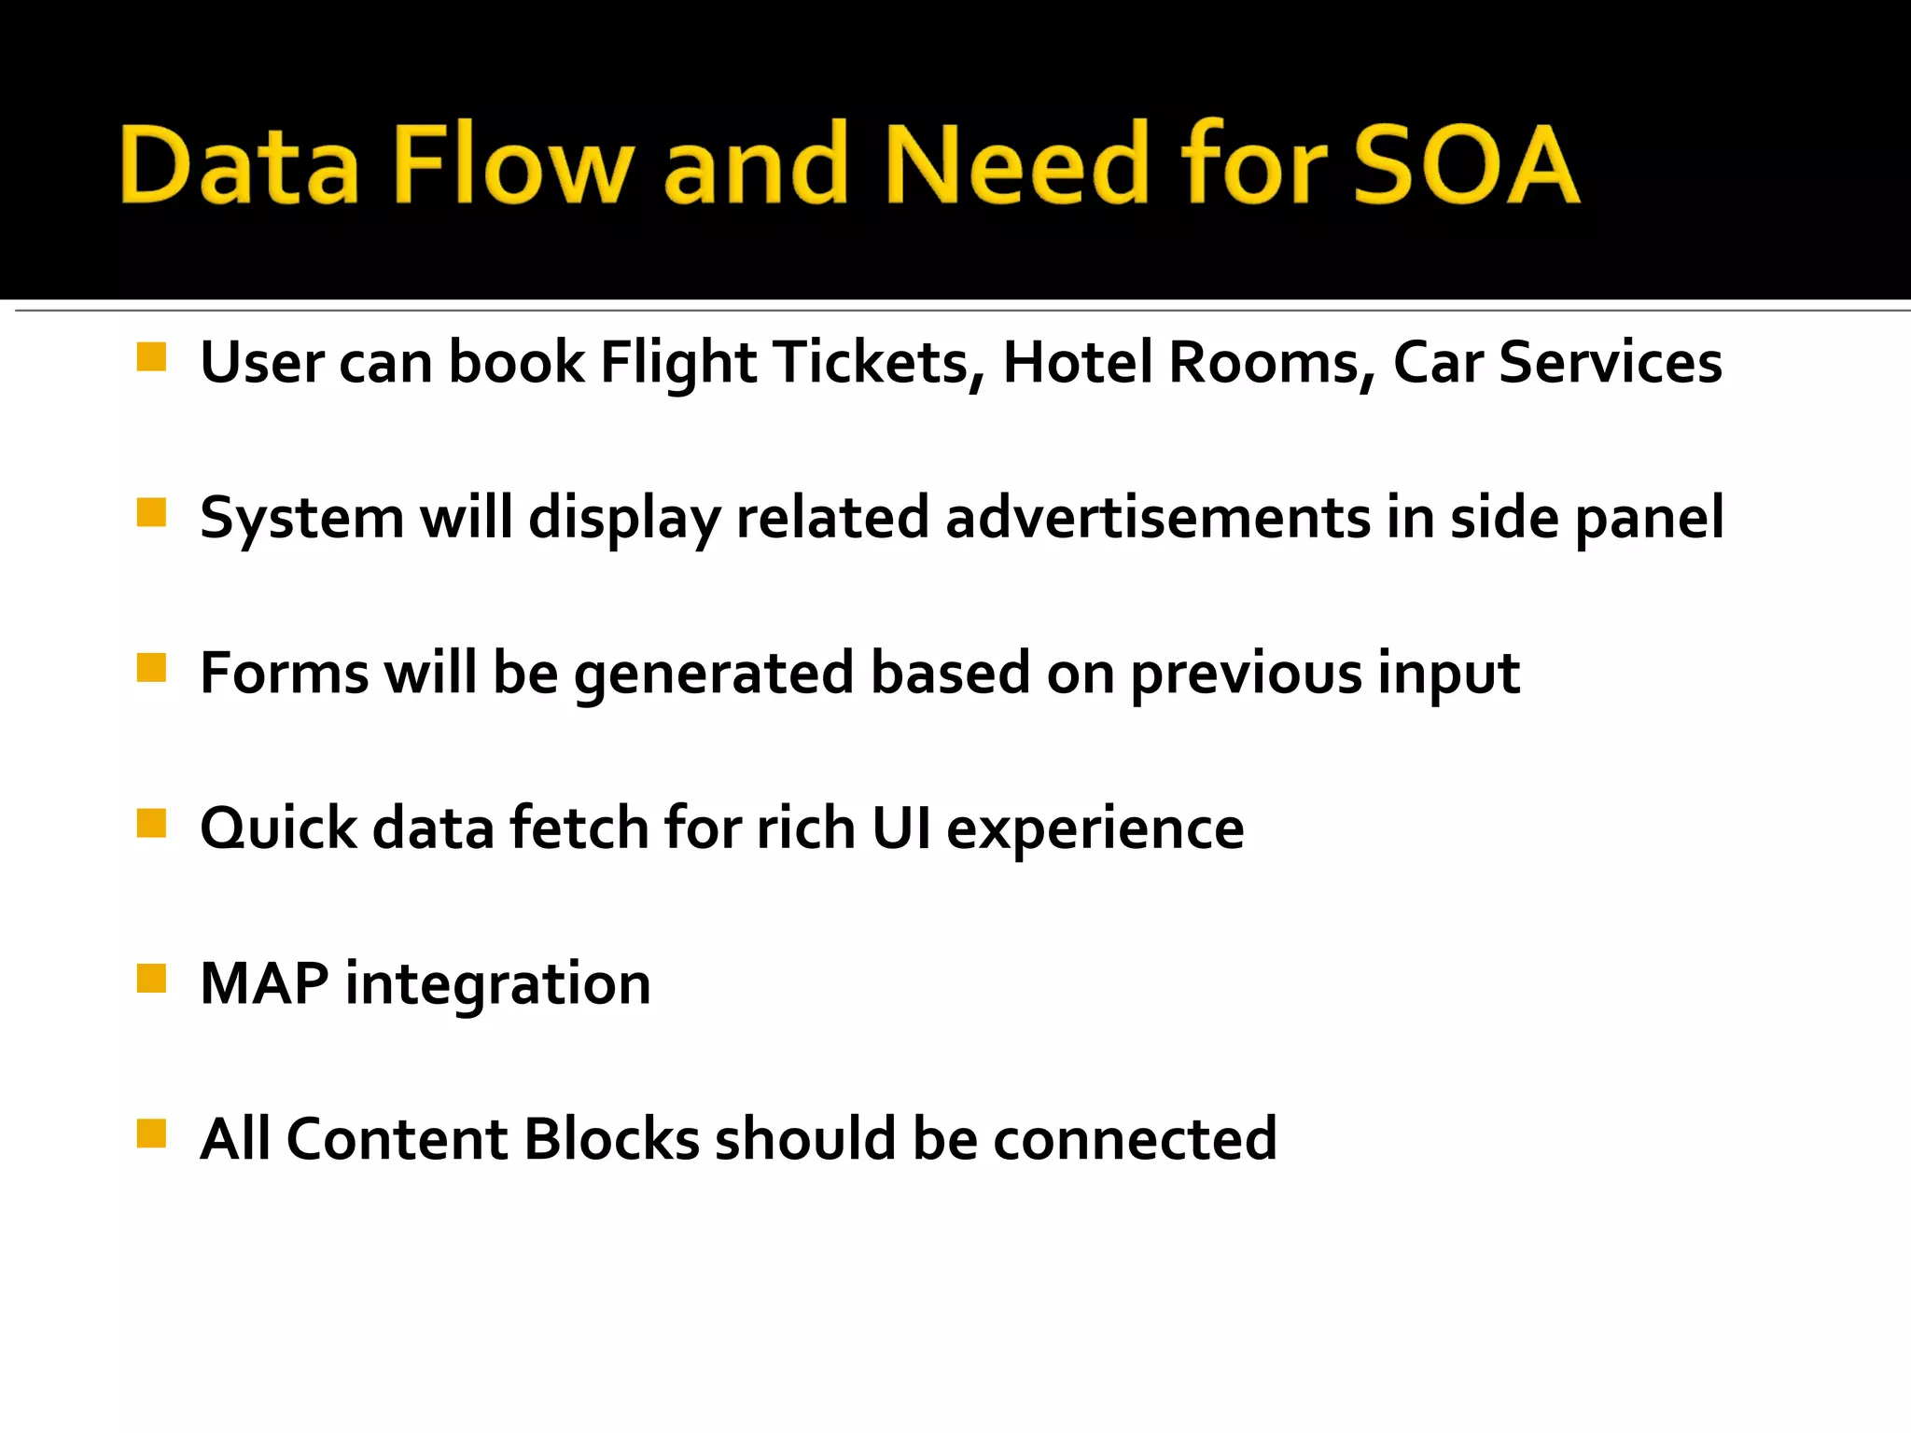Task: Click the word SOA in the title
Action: point(1465,165)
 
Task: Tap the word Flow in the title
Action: point(509,165)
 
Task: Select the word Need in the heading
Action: point(1016,165)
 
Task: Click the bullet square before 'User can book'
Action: point(151,357)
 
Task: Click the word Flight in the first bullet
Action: point(677,364)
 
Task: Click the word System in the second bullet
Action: point(301,519)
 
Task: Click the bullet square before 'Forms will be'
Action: point(151,668)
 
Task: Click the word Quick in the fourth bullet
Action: point(278,828)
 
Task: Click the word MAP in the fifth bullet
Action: point(264,983)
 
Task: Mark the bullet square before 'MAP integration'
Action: point(151,979)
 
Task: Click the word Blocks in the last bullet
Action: point(611,1139)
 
